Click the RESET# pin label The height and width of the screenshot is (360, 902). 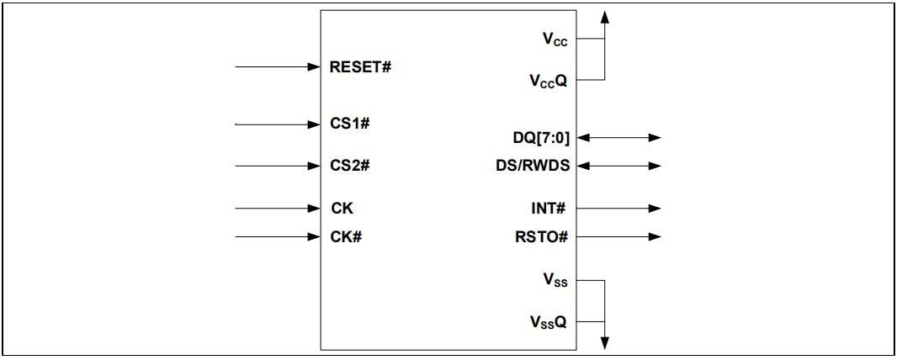coord(361,66)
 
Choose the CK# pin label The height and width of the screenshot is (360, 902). coord(346,236)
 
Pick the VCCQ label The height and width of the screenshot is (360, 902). coord(549,81)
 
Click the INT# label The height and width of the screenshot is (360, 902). coord(550,208)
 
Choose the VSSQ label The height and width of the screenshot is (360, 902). coord(549,321)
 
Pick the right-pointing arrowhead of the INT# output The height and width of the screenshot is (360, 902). coord(655,208)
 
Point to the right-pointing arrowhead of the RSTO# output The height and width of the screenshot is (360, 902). coord(655,236)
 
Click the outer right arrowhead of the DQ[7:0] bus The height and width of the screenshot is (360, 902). coord(655,137)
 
